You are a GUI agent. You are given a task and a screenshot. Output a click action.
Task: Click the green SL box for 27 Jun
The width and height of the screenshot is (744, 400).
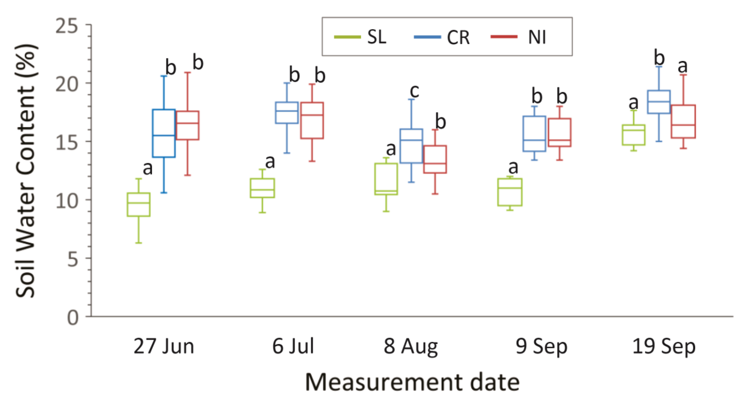point(139,204)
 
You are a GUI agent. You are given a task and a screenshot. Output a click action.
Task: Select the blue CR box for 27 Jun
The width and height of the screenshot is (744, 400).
point(164,133)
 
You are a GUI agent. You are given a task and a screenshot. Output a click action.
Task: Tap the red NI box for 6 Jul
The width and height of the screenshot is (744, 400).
point(312,120)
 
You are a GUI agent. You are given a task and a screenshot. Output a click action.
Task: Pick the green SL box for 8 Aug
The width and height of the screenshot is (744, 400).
point(386,179)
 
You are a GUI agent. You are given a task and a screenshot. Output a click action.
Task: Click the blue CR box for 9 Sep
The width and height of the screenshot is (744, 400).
point(534,134)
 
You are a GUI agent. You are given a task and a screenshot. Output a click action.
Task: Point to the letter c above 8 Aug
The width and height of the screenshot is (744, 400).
point(414,91)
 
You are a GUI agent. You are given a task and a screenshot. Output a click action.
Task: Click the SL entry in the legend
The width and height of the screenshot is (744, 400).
point(361,37)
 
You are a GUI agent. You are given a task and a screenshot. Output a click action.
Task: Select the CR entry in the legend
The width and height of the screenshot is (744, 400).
point(442,37)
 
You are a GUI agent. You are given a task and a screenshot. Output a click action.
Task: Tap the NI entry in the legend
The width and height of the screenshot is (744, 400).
point(520,37)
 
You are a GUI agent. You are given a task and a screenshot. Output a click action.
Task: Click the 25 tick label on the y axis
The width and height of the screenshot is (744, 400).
point(67,26)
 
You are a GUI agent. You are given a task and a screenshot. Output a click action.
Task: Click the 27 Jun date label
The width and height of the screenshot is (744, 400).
point(164,347)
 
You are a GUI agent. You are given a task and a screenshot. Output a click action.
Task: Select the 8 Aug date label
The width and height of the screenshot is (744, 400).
point(411,347)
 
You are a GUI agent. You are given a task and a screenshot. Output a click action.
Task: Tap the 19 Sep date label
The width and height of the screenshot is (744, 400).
point(664,347)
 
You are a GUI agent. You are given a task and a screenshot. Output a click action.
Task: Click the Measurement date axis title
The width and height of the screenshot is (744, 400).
point(412,382)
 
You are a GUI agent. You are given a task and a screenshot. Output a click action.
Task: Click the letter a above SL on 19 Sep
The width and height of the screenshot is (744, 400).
point(633,103)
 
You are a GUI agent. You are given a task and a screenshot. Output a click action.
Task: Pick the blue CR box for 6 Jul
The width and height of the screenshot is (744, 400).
point(287,113)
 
